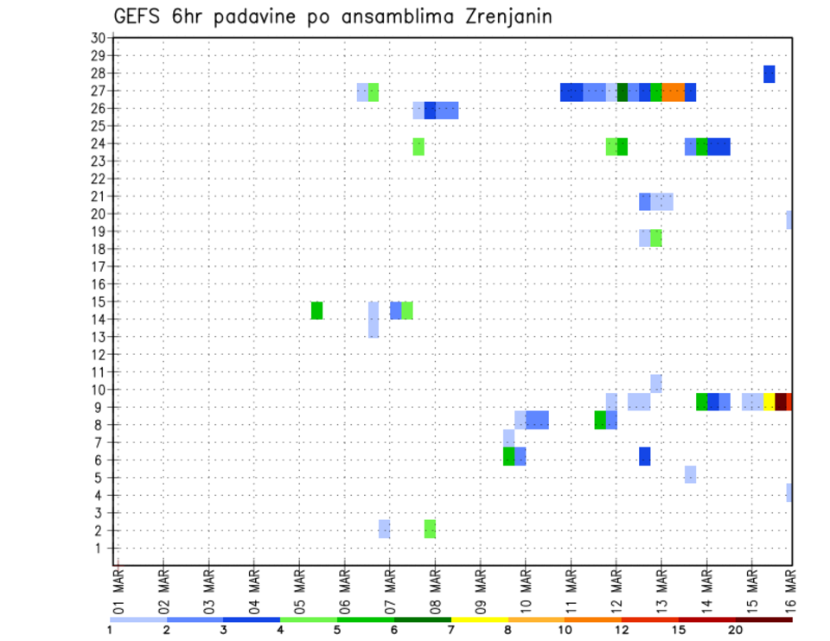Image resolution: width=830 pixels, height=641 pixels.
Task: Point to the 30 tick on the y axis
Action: (98, 38)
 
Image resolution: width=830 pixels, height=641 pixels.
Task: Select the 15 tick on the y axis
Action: (98, 301)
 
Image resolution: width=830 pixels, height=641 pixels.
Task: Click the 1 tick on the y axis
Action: (102, 548)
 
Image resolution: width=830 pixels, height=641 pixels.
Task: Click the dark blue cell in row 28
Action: (769, 74)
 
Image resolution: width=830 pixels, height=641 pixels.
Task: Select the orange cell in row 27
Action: (674, 92)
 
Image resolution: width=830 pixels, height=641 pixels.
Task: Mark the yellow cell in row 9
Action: (769, 402)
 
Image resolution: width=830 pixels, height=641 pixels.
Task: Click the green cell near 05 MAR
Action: (316, 310)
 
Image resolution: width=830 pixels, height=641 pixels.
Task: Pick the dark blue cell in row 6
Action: (644, 455)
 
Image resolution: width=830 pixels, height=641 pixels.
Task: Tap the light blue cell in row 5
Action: (690, 473)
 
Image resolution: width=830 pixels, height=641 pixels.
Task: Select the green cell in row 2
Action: (430, 529)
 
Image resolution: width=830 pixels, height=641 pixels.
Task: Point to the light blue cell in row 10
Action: (656, 384)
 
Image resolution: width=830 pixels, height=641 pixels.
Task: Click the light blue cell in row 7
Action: (508, 438)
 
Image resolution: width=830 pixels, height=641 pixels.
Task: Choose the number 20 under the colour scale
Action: (736, 631)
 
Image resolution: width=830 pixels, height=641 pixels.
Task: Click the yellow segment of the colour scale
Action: (480, 619)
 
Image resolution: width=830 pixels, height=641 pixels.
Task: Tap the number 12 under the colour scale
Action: (622, 631)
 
